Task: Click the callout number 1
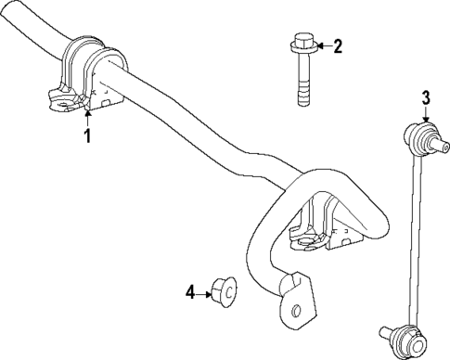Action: pyautogui.click(x=88, y=138)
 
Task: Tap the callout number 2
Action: pyautogui.click(x=338, y=45)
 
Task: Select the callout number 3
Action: pyautogui.click(x=425, y=96)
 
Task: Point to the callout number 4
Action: pyautogui.click(x=189, y=292)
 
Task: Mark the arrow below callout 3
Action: pyautogui.click(x=425, y=116)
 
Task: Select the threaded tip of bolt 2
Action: pyautogui.click(x=302, y=96)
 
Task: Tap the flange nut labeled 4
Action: pyautogui.click(x=224, y=291)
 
